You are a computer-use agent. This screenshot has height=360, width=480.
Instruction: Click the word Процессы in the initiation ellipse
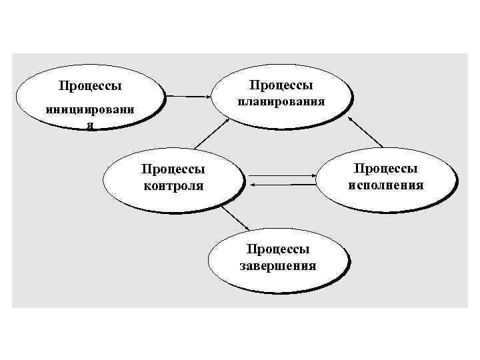coord(90,86)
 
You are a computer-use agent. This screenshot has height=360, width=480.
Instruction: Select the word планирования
coord(282,103)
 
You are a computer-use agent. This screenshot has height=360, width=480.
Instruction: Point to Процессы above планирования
coord(281,85)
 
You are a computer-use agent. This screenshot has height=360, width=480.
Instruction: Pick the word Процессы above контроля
coord(173,171)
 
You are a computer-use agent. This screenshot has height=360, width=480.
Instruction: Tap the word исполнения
coord(386,185)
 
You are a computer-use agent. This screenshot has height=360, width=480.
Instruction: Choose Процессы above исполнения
coord(386,169)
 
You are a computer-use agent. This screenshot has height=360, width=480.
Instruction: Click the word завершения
coord(277,265)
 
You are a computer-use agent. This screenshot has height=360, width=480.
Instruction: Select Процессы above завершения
coord(277,249)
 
